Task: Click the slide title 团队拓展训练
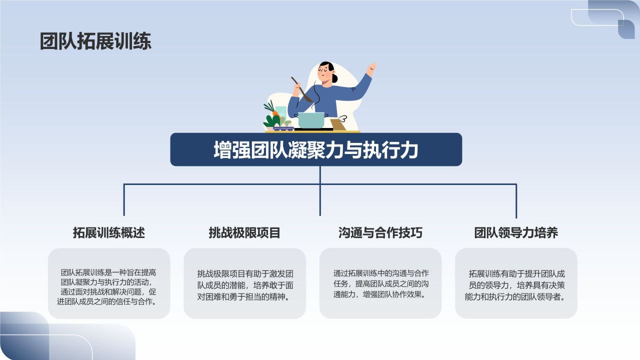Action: [x=95, y=41]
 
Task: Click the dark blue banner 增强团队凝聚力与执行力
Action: [x=316, y=149]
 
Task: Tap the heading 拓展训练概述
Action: [x=109, y=232]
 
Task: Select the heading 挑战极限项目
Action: [x=244, y=232]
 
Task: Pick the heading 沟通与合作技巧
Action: [x=380, y=232]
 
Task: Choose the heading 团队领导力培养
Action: [x=516, y=232]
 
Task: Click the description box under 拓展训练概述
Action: [x=109, y=283]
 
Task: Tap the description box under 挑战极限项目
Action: [x=244, y=283]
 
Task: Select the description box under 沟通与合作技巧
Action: [x=380, y=283]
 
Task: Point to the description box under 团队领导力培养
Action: [x=516, y=283]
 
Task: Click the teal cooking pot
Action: [x=311, y=120]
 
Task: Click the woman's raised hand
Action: [x=371, y=68]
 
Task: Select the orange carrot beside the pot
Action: [x=275, y=113]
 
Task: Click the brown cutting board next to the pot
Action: [x=338, y=124]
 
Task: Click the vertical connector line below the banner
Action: [x=320, y=190]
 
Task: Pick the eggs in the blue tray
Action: [x=283, y=126]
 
